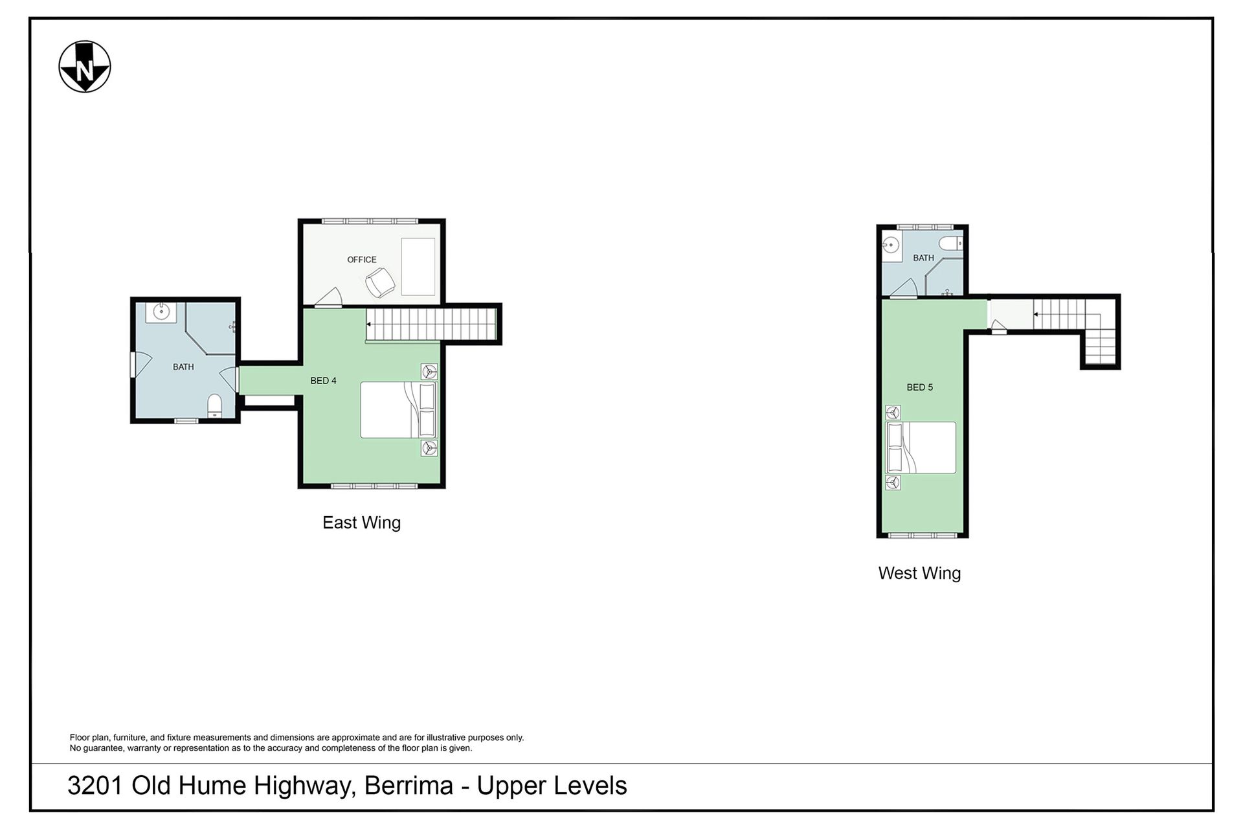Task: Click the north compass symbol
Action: tap(85, 67)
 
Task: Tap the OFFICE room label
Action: tap(361, 260)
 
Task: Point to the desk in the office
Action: tap(418, 267)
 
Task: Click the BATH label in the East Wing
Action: tap(183, 367)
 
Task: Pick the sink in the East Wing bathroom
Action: tap(158, 312)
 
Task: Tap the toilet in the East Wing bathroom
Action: tap(215, 405)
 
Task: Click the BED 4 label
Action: tap(323, 381)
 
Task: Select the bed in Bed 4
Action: tap(399, 410)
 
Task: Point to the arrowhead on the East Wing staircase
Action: tap(369, 324)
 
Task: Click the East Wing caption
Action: tap(361, 523)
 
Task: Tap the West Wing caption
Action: tap(919, 573)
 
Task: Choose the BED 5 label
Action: tap(919, 387)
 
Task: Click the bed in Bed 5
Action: tap(921, 448)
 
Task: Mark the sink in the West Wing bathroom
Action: tap(891, 245)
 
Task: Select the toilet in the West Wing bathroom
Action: tap(951, 244)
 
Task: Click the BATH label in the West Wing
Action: tap(923, 258)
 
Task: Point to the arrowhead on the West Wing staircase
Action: tap(1036, 315)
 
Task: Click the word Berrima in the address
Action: tap(409, 786)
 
